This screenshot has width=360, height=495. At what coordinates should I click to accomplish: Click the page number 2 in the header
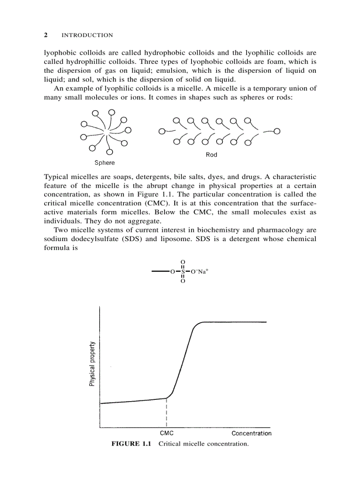pos(46,35)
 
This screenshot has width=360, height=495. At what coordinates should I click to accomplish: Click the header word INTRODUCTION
pos(87,35)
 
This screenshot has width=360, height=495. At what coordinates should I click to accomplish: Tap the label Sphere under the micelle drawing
pos(105,163)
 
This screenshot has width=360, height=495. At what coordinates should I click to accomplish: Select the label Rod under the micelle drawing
pos(211,155)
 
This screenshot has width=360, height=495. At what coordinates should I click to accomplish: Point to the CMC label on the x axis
pos(166,433)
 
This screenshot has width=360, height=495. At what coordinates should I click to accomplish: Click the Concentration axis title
pos(251,433)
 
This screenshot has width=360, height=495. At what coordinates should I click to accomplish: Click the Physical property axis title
pos(92,364)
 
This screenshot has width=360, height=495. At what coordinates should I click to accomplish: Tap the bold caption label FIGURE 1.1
pos(131,444)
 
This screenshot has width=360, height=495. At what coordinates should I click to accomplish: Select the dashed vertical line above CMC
pos(166,413)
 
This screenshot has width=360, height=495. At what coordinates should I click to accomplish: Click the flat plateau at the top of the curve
pos(234,322)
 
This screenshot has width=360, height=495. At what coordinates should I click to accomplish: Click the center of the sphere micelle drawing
pos(106,131)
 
